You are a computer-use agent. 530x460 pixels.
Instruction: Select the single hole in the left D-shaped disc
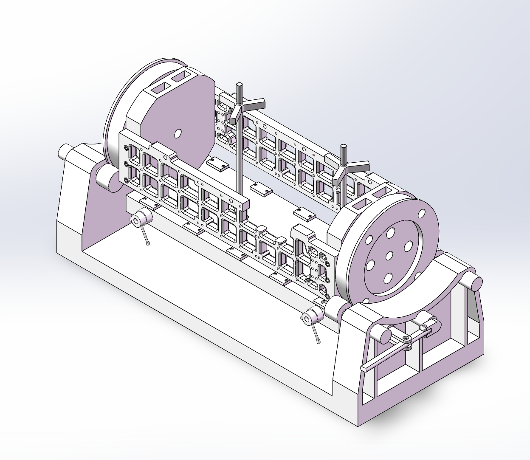pos(178,133)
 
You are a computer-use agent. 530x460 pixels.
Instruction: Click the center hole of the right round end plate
pos(389,256)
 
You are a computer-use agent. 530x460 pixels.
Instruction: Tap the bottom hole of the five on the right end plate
pos(387,278)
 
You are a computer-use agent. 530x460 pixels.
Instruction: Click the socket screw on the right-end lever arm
pos(407,339)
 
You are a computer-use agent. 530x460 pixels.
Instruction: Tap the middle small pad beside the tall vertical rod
pos(261,189)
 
